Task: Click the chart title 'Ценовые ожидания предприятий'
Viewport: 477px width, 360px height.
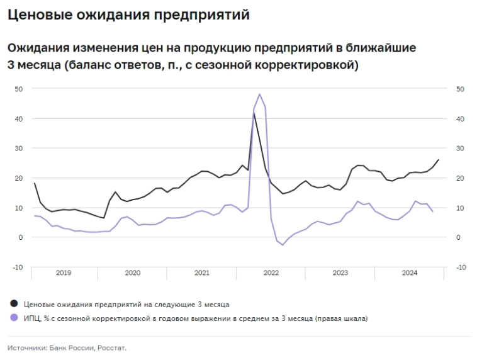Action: point(128,15)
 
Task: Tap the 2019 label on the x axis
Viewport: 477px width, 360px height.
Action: point(64,273)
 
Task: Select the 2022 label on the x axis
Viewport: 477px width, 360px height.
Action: point(271,273)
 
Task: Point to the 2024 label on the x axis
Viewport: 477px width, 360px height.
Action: point(409,273)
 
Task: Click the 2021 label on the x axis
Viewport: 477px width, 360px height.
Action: point(201,273)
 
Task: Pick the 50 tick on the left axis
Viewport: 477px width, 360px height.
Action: point(19,89)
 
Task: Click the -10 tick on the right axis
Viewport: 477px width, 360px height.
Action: point(461,267)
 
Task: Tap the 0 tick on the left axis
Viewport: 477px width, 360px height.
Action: point(21,237)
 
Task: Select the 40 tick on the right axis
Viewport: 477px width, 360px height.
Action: point(461,118)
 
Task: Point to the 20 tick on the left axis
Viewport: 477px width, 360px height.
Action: point(19,178)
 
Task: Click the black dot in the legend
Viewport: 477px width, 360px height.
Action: point(14,304)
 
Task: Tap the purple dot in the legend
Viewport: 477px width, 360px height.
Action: point(14,318)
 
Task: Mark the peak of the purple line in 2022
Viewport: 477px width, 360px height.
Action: point(259,94)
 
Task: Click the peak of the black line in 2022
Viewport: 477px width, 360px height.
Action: point(254,113)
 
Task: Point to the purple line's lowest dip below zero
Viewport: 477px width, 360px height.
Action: point(283,244)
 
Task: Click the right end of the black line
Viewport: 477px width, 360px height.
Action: point(439,160)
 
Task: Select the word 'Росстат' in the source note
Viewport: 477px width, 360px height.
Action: point(112,347)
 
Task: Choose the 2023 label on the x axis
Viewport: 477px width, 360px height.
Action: point(340,273)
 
